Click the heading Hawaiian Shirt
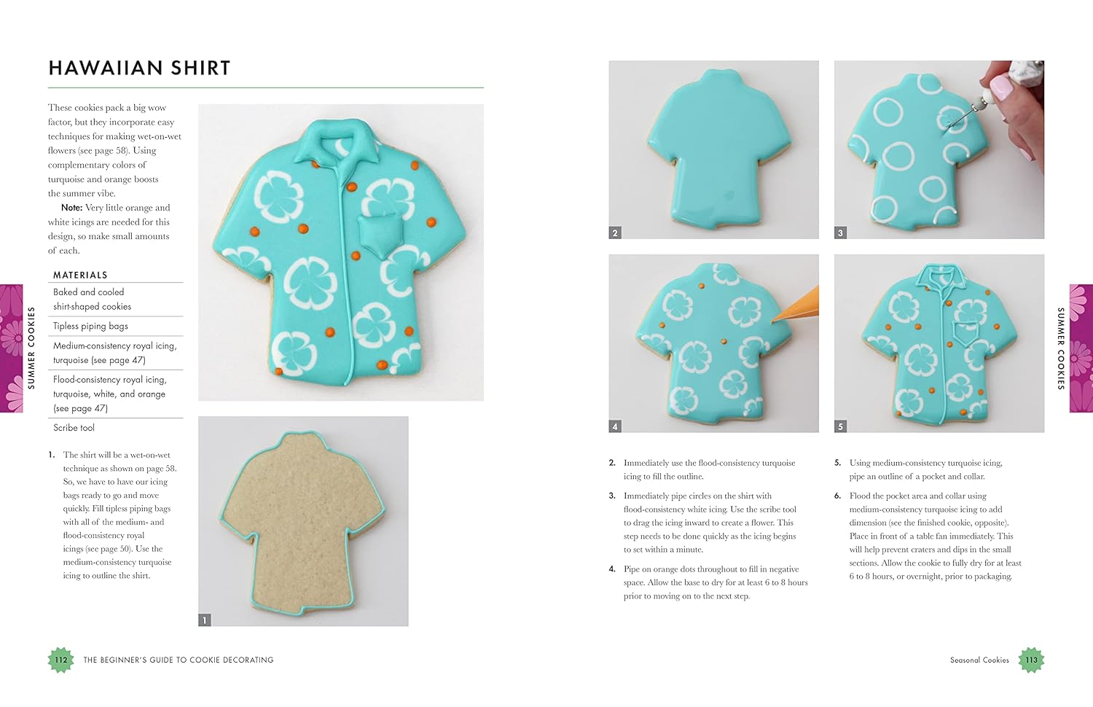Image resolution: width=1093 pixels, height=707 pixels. pyautogui.click(x=139, y=69)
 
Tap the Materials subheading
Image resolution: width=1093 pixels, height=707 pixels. pyautogui.click(x=80, y=275)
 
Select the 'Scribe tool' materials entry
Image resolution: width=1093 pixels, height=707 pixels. pyautogui.click(x=74, y=428)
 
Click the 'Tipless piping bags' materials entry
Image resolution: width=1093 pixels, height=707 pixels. pyautogui.click(x=90, y=326)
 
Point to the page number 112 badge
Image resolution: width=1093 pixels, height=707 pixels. pyautogui.click(x=60, y=660)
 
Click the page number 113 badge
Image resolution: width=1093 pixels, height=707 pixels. pyautogui.click(x=1031, y=660)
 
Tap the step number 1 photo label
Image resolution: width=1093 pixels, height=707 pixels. pyautogui.click(x=205, y=620)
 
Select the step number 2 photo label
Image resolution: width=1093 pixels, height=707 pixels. pyautogui.click(x=615, y=233)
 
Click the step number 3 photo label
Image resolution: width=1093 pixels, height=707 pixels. pyautogui.click(x=840, y=233)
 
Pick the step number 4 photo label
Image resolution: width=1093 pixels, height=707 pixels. pyautogui.click(x=615, y=426)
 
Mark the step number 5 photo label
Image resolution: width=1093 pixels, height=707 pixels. pyautogui.click(x=840, y=426)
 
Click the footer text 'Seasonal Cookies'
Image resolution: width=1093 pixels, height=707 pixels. pyautogui.click(x=979, y=660)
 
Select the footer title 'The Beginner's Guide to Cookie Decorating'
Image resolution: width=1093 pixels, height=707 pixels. pyautogui.click(x=179, y=660)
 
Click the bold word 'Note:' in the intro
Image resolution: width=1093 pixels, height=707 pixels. pyautogui.click(x=71, y=208)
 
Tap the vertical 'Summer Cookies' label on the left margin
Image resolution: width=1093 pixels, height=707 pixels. pyautogui.click(x=31, y=348)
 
